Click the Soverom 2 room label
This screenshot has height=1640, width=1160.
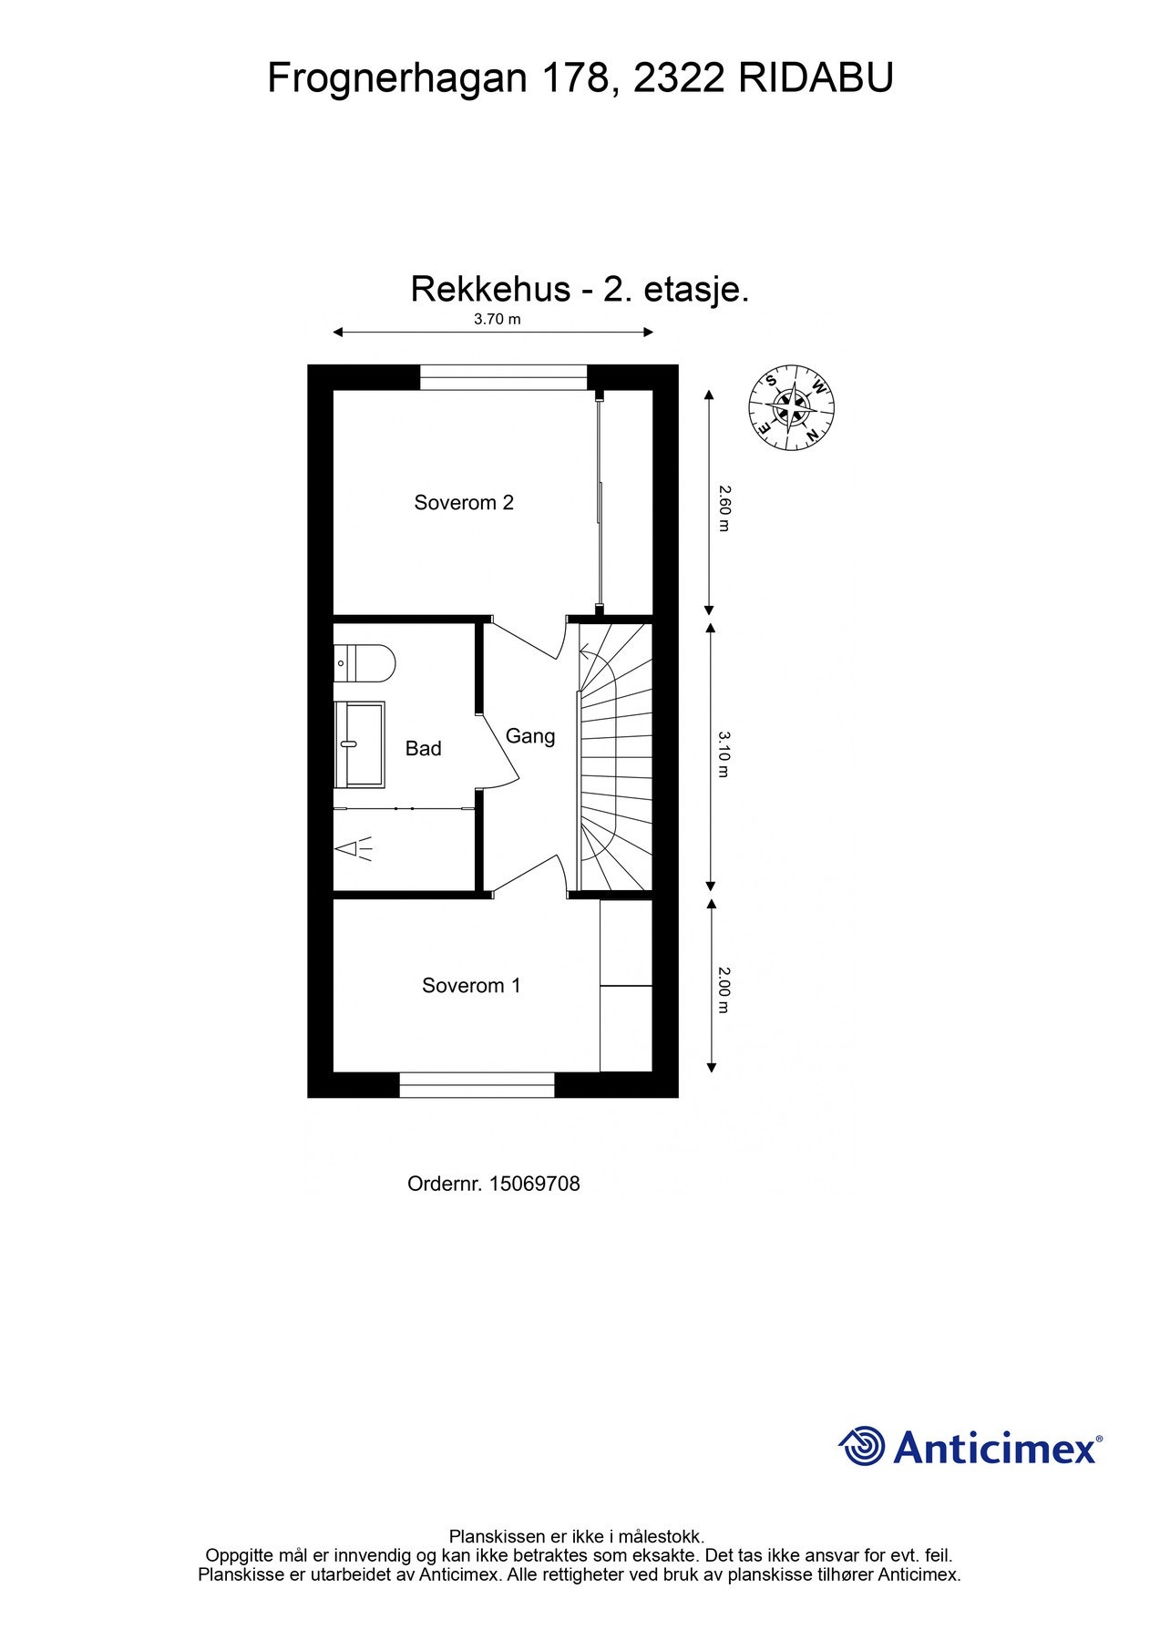click(x=464, y=502)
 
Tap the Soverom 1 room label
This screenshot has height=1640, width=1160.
click(x=471, y=985)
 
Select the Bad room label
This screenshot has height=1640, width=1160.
click(x=423, y=748)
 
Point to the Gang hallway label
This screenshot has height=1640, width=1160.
click(x=530, y=735)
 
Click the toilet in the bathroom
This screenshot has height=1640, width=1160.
click(x=364, y=663)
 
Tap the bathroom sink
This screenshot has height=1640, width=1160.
click(x=359, y=744)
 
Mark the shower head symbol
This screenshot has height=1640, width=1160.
click(x=354, y=849)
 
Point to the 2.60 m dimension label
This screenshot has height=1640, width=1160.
click(x=724, y=508)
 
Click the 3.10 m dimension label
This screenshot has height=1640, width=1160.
click(x=724, y=753)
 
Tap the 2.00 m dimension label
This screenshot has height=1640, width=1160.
click(x=724, y=989)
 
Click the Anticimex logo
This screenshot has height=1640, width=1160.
click(x=970, y=1446)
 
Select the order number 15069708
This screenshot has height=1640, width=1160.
click(x=534, y=1184)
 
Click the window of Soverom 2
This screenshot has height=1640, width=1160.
click(x=503, y=377)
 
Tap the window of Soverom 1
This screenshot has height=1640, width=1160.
click(x=477, y=1084)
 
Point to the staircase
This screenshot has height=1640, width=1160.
click(x=616, y=756)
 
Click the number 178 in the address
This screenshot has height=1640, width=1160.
click(x=575, y=78)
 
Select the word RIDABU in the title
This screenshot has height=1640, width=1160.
click(x=816, y=78)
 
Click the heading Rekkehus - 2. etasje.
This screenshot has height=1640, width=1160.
click(x=580, y=290)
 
